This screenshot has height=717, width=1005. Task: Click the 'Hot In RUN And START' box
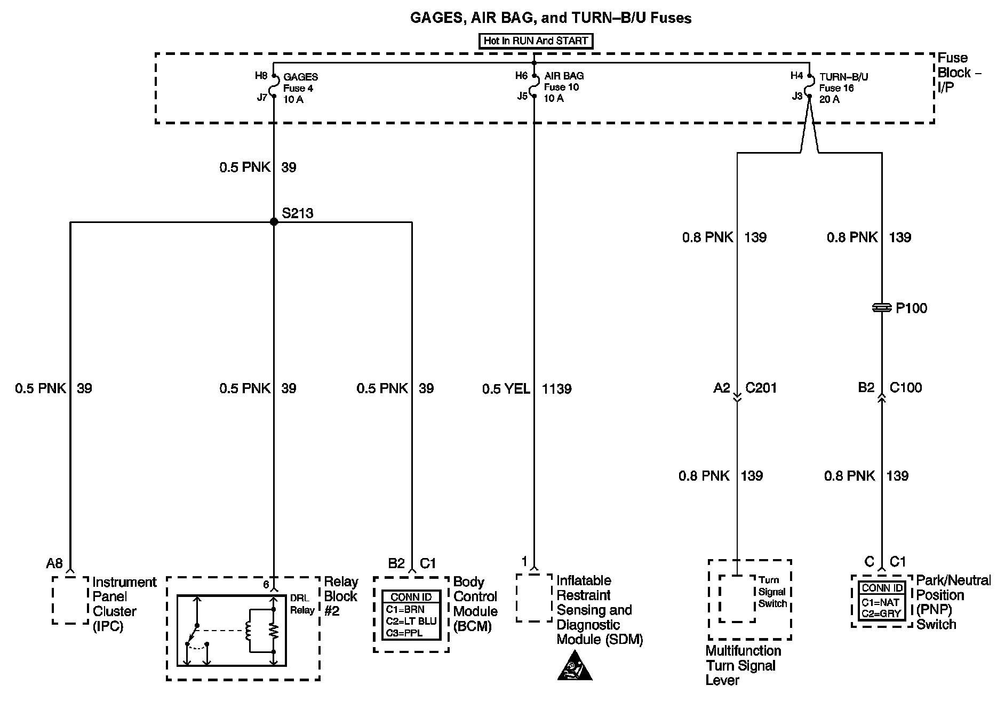pyautogui.click(x=536, y=41)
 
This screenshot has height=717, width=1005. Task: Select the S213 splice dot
pyautogui.click(x=274, y=221)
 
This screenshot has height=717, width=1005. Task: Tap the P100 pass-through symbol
pyautogui.click(x=882, y=308)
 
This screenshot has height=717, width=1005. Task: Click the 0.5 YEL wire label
pyautogui.click(x=506, y=389)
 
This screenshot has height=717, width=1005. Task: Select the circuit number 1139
pyautogui.click(x=556, y=389)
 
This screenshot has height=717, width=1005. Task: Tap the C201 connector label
pyautogui.click(x=761, y=388)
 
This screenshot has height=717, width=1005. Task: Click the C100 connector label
pyautogui.click(x=905, y=387)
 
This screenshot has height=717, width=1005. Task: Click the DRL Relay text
pyautogui.click(x=302, y=604)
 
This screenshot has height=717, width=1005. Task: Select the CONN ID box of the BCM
pyautogui.click(x=411, y=615)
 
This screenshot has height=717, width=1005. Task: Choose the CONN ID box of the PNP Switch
pyautogui.click(x=882, y=601)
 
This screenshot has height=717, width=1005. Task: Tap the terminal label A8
pyautogui.click(x=54, y=563)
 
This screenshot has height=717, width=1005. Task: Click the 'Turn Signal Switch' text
pyautogui.click(x=772, y=592)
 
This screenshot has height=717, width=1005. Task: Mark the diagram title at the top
pyautogui.click(x=551, y=18)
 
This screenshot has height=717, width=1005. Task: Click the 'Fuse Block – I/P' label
pyautogui.click(x=959, y=73)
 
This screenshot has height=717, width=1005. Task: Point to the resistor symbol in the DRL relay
pyautogui.click(x=273, y=631)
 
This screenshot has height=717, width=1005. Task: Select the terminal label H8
pyautogui.click(x=261, y=76)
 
